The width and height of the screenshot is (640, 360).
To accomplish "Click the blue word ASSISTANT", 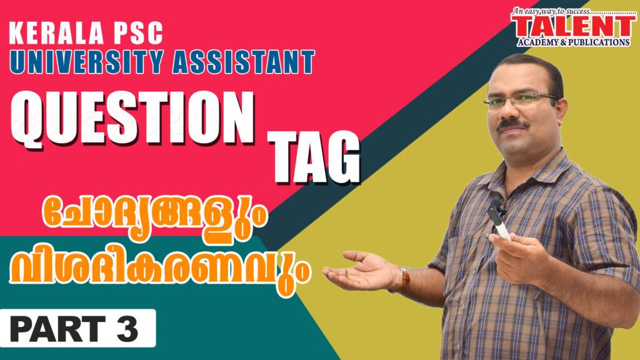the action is click(244, 62).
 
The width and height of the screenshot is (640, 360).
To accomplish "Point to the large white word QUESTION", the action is click(132, 119).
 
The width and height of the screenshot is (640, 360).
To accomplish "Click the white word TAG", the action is click(314, 157).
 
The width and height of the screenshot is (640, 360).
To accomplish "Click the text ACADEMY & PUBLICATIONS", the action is click(574, 42).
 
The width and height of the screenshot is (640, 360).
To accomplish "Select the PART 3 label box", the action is click(77, 328).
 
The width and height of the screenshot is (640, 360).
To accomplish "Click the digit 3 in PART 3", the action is click(127, 329).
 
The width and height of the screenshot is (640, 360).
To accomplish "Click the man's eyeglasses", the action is click(521, 99).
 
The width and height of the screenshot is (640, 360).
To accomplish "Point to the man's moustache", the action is click(512, 124).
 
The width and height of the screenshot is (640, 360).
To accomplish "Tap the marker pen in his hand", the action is click(499, 222).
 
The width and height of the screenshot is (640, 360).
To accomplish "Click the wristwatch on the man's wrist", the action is click(404, 279).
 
